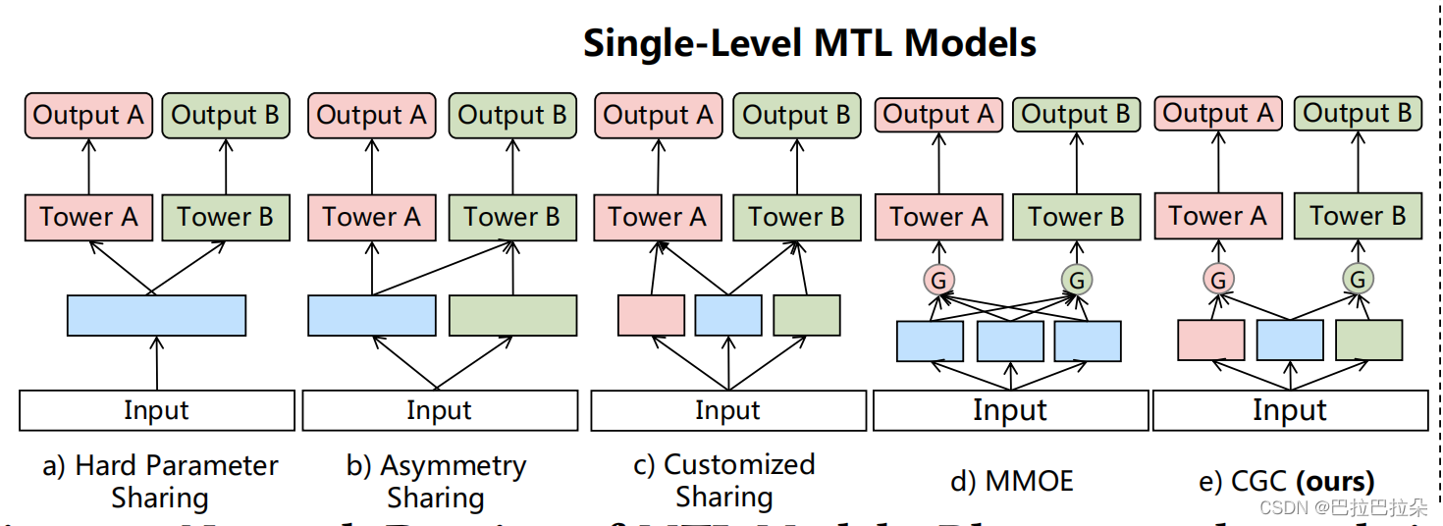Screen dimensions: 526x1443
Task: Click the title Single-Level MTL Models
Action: point(809,43)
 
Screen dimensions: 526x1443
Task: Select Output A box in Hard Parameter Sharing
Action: point(87,116)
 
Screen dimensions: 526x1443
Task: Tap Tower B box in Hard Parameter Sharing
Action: point(226,217)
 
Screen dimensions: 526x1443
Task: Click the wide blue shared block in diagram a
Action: point(156,315)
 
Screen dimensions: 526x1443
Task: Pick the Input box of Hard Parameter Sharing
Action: point(156,410)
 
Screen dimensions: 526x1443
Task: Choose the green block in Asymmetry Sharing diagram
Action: point(512,315)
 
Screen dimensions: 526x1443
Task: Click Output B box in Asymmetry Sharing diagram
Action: point(512,116)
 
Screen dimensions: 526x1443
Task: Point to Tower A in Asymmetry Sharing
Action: point(371,217)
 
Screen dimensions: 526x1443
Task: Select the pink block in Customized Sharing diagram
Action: point(651,315)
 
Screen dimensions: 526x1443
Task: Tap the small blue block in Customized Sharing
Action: point(727,315)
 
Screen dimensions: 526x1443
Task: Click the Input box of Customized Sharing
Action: point(727,410)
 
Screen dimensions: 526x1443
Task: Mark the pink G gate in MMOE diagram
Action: point(938,281)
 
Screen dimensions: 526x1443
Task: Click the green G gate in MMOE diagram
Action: point(1077,281)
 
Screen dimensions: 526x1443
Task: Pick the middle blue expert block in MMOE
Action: point(1010,341)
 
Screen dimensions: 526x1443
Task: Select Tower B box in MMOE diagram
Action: point(1077,217)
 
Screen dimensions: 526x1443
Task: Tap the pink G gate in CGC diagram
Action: point(1218,280)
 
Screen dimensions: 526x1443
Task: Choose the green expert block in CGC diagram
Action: point(1368,340)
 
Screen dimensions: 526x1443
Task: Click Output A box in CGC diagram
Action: point(1218,114)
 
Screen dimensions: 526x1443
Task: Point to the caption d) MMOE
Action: point(1012,481)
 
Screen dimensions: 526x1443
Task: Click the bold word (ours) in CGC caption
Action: point(1335,481)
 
